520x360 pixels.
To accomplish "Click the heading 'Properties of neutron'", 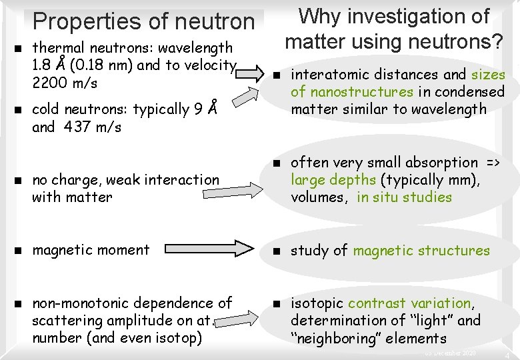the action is (x=143, y=21).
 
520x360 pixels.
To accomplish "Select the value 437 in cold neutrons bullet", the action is (x=77, y=127).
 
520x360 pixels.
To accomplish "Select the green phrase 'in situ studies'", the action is (x=404, y=197).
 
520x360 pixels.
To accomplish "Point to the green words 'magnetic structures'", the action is (x=421, y=251).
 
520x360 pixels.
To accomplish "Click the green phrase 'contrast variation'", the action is (x=409, y=303).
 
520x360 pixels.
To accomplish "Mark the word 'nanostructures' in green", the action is (x=362, y=92).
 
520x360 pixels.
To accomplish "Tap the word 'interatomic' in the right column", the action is (x=325, y=75).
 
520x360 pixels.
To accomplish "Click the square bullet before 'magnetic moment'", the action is (x=19, y=251).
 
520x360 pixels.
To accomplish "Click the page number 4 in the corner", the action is (x=508, y=354).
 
